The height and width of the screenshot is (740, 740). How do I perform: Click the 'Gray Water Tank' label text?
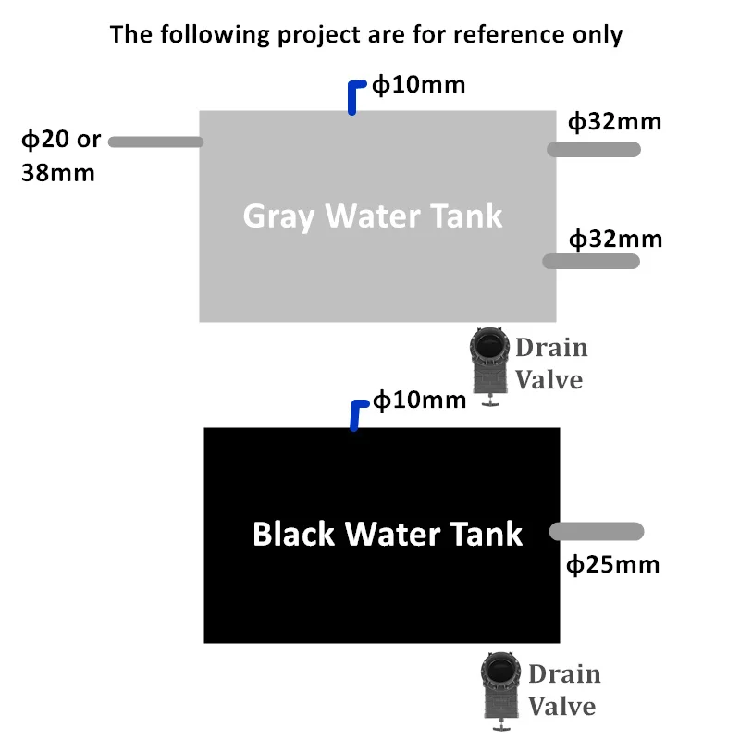[372, 216]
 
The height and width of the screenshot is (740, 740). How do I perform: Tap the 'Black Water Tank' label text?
[387, 534]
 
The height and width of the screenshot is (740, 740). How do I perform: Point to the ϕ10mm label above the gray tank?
[418, 86]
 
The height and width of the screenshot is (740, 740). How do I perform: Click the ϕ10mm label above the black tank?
[419, 401]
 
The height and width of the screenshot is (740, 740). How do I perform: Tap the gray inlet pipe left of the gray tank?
[155, 142]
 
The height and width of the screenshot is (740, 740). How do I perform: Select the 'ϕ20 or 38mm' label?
[61, 155]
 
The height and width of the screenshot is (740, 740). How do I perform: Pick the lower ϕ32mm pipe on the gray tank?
[591, 262]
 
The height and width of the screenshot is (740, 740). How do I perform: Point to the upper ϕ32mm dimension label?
[614, 122]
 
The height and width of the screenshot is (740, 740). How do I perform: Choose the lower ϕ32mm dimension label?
[614, 239]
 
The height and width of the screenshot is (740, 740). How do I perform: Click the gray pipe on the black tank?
[597, 531]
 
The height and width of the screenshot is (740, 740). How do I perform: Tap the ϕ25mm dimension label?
[612, 563]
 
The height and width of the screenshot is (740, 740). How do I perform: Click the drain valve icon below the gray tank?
[488, 366]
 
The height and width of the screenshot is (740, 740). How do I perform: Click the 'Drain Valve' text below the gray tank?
[551, 364]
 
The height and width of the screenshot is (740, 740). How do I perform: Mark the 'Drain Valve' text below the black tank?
[563, 690]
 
